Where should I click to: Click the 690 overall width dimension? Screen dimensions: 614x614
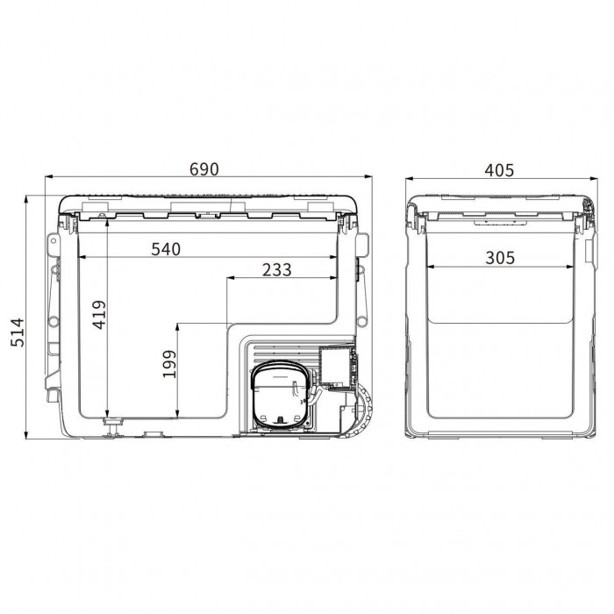[204, 169]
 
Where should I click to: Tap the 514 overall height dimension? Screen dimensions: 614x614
[18, 332]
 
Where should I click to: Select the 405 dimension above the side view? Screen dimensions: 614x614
[499, 170]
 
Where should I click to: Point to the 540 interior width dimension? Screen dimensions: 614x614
[166, 249]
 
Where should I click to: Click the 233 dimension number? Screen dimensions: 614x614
[277, 270]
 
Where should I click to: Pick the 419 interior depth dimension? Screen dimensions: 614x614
[99, 314]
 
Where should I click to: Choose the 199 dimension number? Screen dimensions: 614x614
[169, 364]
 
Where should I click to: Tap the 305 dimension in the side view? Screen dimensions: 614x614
[500, 258]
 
